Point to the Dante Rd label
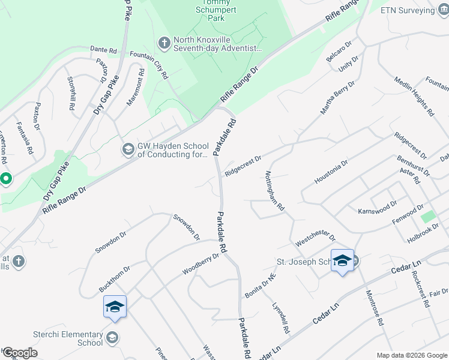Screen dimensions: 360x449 [x=103, y=50]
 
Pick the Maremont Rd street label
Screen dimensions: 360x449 [x=136, y=88]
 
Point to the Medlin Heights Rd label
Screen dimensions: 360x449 [x=414, y=96]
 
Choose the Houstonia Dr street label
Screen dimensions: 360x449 [x=331, y=172]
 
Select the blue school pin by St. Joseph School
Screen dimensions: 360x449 [x=342, y=260]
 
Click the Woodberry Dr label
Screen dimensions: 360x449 [x=201, y=264]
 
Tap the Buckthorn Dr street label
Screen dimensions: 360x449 [x=114, y=280]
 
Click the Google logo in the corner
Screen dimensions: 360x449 [x=19, y=353]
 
